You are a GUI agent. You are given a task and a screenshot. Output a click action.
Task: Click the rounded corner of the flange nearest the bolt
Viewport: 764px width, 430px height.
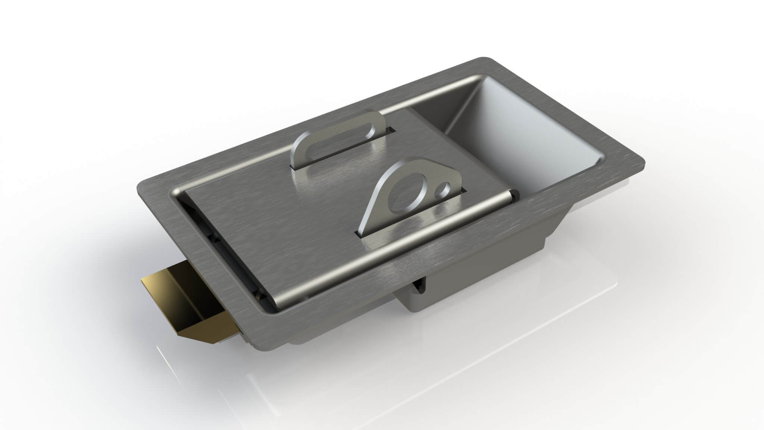pyautogui.click(x=144, y=187)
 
